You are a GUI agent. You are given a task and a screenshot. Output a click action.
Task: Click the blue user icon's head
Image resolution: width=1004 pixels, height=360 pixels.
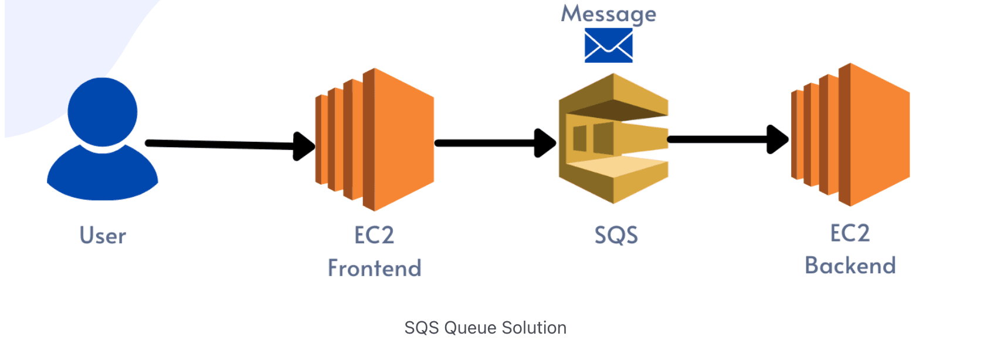[x=103, y=111]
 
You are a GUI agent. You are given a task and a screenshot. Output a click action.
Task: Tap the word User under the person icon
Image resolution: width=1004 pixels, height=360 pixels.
[x=103, y=236]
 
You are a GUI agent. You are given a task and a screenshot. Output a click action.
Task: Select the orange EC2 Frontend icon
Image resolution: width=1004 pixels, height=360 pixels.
[x=375, y=140]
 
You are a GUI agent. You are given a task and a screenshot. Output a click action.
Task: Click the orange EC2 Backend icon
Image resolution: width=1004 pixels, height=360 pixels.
[x=851, y=135]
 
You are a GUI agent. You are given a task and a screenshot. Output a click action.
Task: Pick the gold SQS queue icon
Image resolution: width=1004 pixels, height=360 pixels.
[x=613, y=138]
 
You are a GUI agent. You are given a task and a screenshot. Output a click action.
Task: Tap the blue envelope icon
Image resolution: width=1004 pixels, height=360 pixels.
[x=609, y=45]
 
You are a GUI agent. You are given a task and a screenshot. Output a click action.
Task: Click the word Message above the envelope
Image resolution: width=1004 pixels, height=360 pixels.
[x=609, y=13]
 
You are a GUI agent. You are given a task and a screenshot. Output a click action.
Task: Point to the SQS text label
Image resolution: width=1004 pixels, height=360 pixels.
[x=616, y=236]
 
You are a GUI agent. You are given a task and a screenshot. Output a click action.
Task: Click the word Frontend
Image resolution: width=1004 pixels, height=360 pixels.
[x=374, y=269]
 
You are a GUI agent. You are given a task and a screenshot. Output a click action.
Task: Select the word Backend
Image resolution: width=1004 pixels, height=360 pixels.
[x=850, y=266]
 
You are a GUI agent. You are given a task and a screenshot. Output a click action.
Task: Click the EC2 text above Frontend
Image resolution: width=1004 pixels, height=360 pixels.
[x=374, y=236]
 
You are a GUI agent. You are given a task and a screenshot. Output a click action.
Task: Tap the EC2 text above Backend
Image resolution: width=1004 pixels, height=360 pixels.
[x=850, y=233]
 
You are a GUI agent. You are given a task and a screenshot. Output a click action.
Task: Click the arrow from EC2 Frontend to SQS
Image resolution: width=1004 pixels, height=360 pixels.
[x=487, y=143]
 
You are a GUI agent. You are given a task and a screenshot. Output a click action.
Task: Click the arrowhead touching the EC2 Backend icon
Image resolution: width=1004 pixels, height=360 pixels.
[x=778, y=140]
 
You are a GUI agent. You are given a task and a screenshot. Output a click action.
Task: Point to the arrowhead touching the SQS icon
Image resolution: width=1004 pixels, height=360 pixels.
[x=545, y=143]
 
